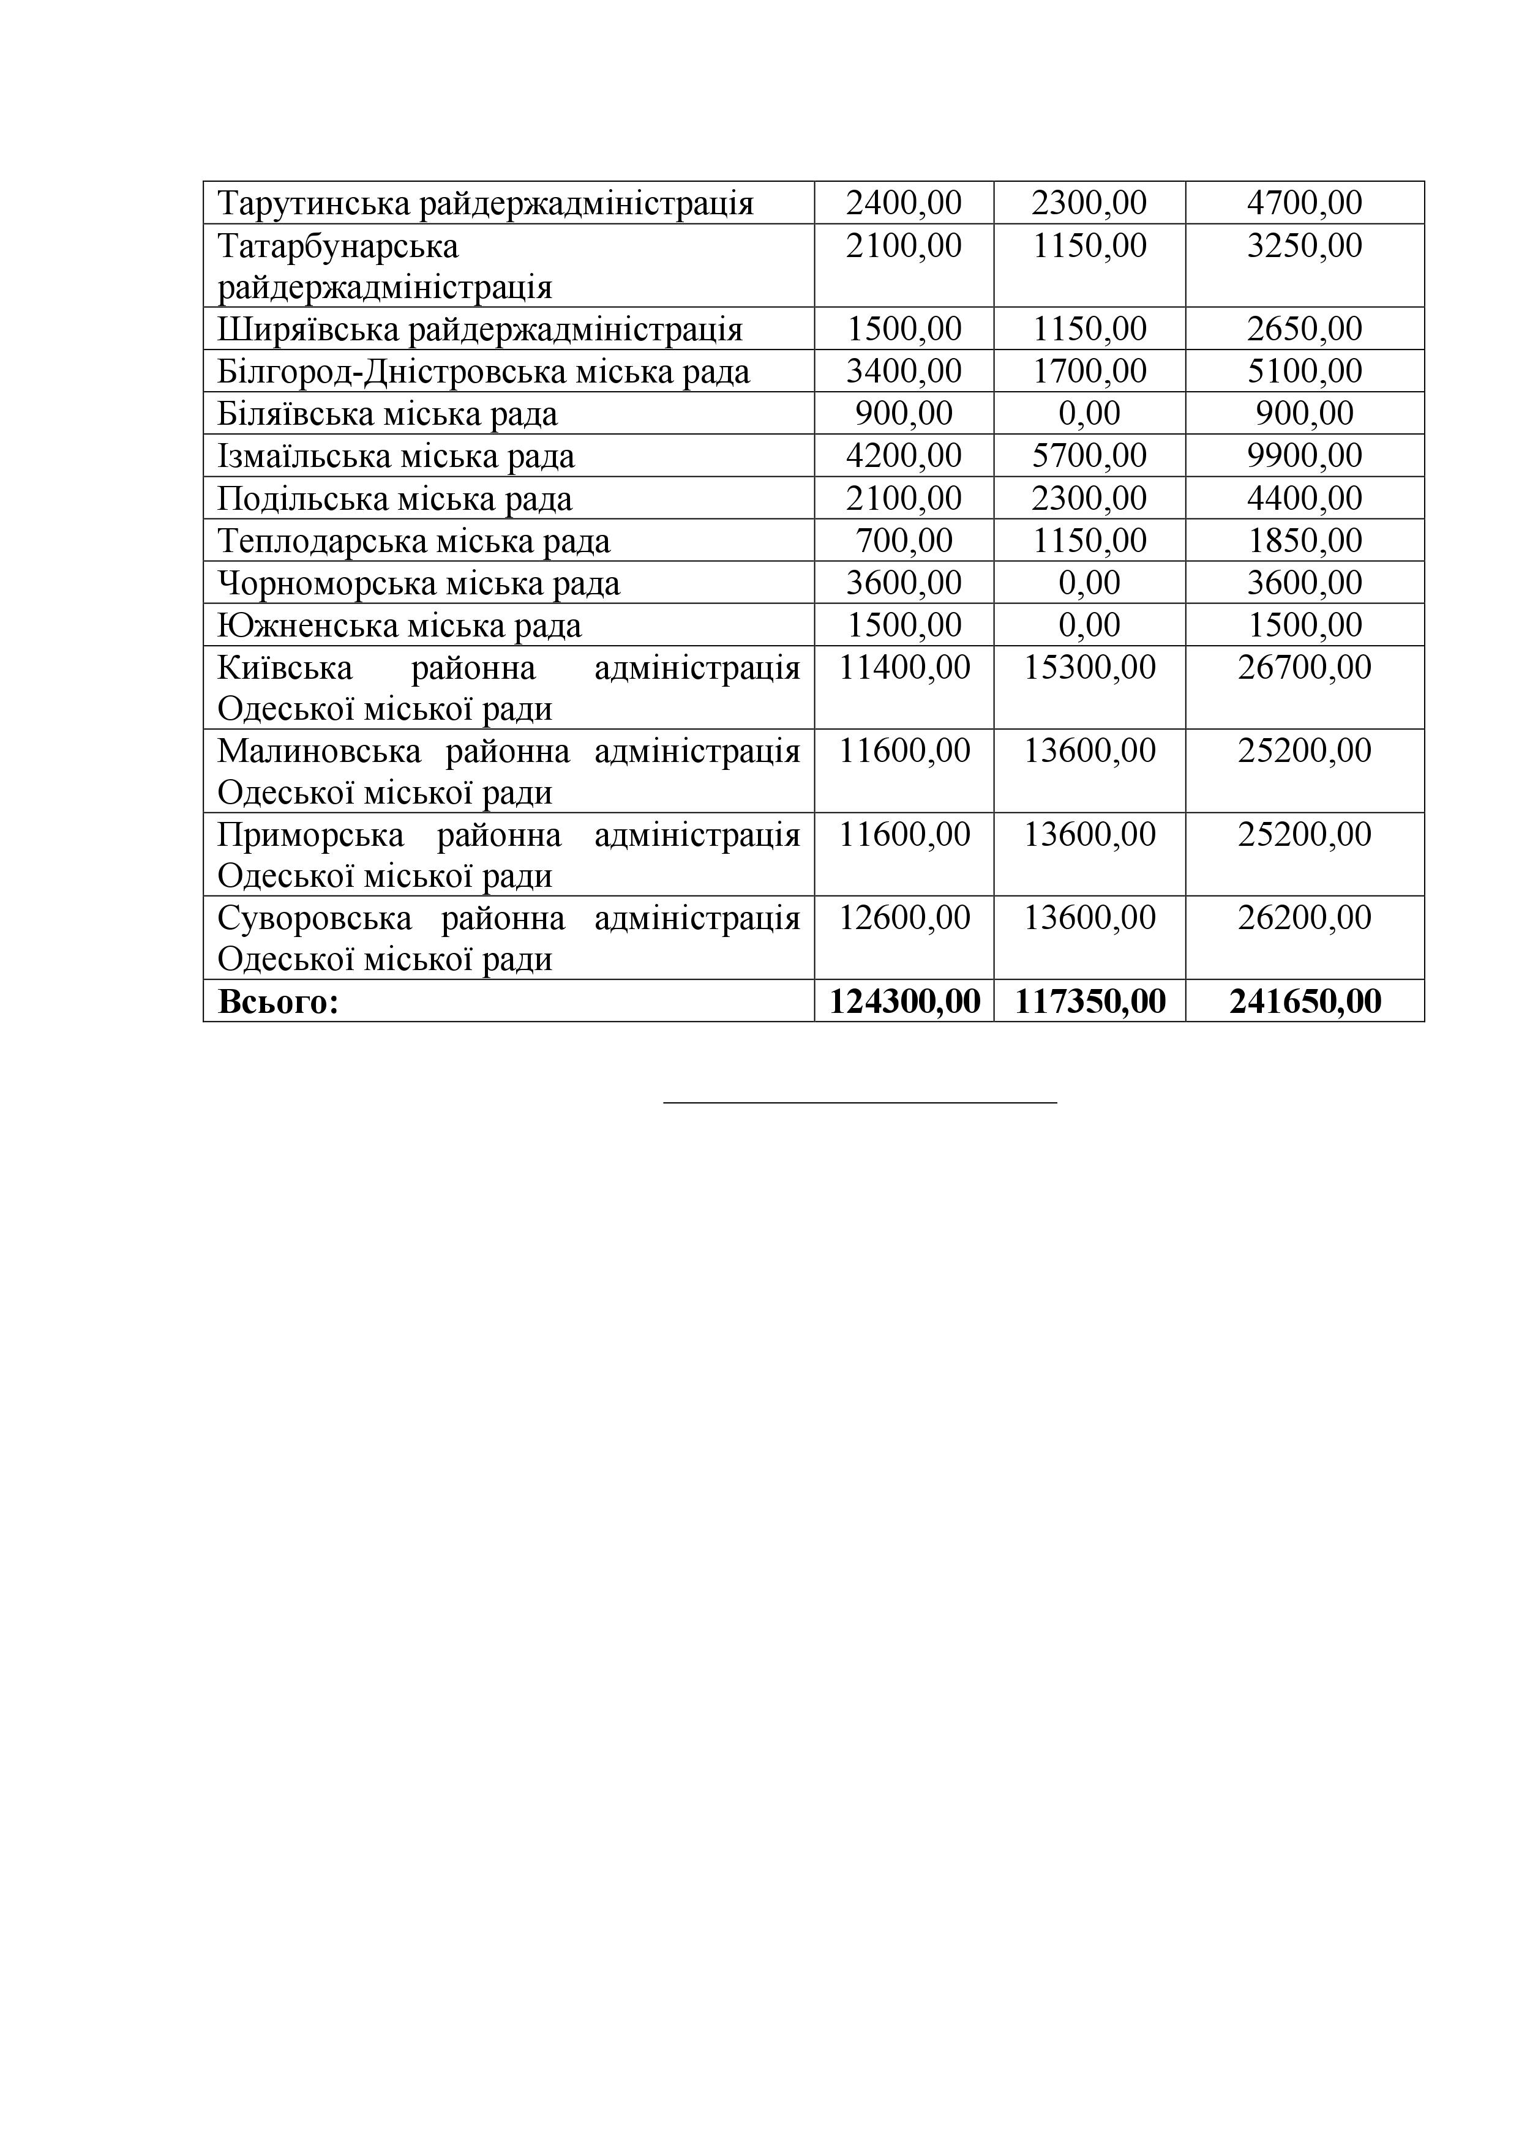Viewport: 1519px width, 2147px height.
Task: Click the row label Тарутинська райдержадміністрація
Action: [486, 203]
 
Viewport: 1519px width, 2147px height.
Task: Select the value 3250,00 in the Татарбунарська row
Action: [1304, 246]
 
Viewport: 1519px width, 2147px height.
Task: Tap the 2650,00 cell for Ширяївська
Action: [1304, 329]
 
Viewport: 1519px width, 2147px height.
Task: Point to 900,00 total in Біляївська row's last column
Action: [1304, 413]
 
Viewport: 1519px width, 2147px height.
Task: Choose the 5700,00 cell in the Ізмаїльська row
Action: [1089, 457]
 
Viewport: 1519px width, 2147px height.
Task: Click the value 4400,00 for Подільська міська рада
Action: [1304, 498]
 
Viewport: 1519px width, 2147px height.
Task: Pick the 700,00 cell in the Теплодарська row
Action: [904, 540]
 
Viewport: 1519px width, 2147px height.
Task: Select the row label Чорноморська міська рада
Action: [418, 583]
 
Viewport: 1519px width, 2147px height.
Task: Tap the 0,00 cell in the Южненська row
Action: [1089, 625]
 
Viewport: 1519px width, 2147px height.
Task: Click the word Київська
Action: [284, 668]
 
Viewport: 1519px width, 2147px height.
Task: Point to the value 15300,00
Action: [1089, 668]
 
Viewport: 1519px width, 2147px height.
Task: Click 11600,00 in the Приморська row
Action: [904, 834]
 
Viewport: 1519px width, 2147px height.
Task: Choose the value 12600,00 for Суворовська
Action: [904, 917]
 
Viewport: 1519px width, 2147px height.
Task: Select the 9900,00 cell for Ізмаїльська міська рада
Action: [1304, 457]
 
